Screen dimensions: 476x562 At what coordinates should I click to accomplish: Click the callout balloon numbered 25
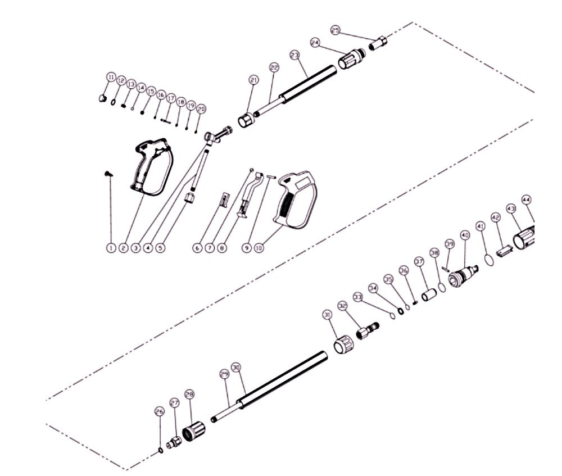pyautogui.click(x=336, y=30)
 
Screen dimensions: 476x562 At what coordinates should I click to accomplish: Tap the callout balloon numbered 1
pyautogui.click(x=111, y=247)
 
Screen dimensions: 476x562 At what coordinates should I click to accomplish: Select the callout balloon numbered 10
pyautogui.click(x=259, y=247)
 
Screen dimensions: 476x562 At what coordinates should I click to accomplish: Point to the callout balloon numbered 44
pyautogui.click(x=527, y=200)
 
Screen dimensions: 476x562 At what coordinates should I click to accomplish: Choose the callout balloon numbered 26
pyautogui.click(x=159, y=412)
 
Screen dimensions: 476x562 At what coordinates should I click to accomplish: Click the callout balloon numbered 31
pyautogui.click(x=327, y=315)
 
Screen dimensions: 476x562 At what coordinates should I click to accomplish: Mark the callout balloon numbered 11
pyautogui.click(x=111, y=77)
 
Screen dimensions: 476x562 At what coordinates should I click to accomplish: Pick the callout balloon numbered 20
pyautogui.click(x=201, y=109)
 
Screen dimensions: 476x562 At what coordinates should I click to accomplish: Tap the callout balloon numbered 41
pyautogui.click(x=480, y=226)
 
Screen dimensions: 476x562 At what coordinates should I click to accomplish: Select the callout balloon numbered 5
pyautogui.click(x=161, y=247)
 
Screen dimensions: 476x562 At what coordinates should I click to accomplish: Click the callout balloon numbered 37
pyautogui.click(x=419, y=261)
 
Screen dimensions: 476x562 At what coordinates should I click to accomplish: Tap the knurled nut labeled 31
pyautogui.click(x=342, y=343)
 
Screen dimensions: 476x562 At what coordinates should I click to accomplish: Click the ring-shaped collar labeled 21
pyautogui.click(x=247, y=120)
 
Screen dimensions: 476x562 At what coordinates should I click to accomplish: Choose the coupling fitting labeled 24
pyautogui.click(x=351, y=58)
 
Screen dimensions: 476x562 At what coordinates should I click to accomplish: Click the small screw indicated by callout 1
pyautogui.click(x=108, y=174)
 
